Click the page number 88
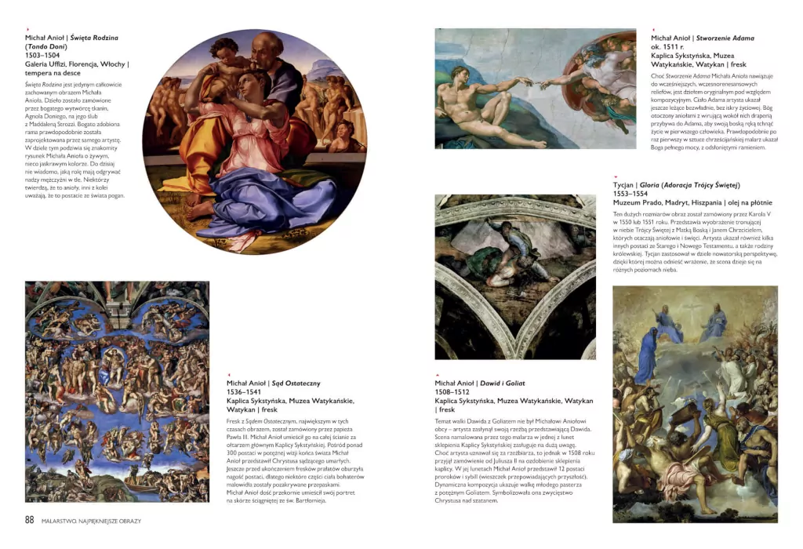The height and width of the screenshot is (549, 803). [x=30, y=520]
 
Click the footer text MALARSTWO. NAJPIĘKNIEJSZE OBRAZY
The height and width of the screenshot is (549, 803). [x=91, y=521]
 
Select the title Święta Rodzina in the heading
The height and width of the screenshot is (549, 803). [x=94, y=37]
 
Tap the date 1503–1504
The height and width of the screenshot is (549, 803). [x=42, y=55]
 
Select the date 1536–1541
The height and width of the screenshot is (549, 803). [x=244, y=391]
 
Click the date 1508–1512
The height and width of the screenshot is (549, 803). [x=452, y=391]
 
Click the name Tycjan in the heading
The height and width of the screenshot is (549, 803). [x=623, y=185]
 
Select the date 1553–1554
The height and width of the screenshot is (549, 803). [x=630, y=194]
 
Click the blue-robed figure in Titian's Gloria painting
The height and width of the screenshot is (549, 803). [x=648, y=353]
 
